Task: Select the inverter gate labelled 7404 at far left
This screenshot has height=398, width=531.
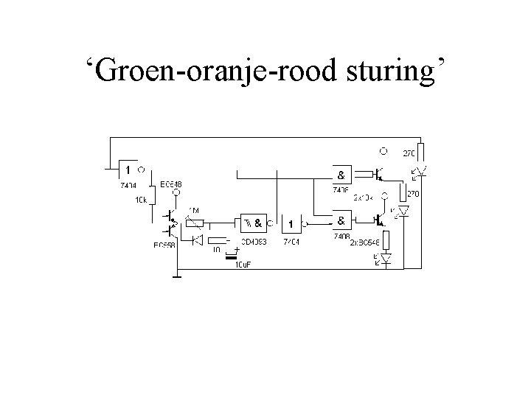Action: click(x=128, y=170)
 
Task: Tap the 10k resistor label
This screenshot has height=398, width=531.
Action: click(x=140, y=199)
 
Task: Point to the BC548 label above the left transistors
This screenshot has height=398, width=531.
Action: click(x=171, y=184)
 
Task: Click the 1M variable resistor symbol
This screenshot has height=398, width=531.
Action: click(x=193, y=221)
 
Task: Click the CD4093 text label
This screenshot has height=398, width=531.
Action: click(x=253, y=241)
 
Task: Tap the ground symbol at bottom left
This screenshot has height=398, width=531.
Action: click(x=177, y=278)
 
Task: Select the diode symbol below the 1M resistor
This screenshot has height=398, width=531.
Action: click(x=197, y=240)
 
